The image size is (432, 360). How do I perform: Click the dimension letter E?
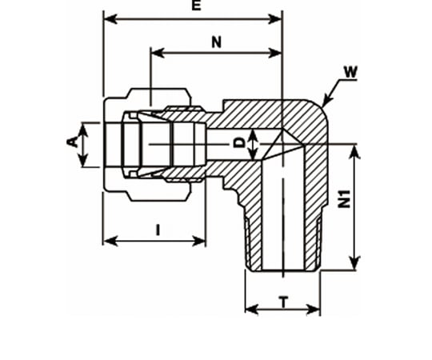(196, 6)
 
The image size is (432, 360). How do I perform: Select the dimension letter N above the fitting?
(217, 42)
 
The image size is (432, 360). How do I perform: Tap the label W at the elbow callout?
(350, 72)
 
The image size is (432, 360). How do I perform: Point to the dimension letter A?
(72, 142)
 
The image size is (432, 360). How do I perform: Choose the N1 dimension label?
(344, 199)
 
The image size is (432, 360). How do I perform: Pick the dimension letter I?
(158, 230)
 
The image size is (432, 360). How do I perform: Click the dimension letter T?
(284, 302)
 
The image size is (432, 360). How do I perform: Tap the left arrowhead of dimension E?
(110, 19)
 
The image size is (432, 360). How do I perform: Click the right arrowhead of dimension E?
(275, 19)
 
